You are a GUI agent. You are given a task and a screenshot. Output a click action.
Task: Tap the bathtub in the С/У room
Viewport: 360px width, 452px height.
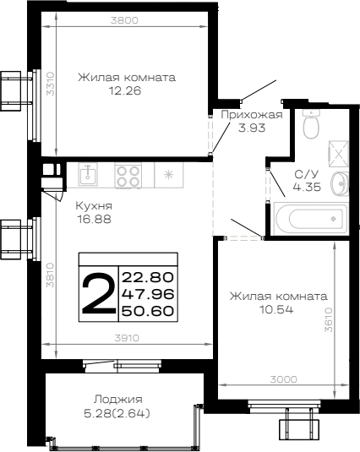311,219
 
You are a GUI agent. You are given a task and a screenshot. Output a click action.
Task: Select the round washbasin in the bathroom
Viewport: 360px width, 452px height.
340,183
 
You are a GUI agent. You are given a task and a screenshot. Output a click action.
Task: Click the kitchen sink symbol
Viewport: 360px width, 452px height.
88,174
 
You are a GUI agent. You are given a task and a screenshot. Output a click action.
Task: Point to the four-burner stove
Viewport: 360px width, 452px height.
128,176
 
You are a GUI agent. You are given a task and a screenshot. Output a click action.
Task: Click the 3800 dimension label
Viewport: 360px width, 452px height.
124,20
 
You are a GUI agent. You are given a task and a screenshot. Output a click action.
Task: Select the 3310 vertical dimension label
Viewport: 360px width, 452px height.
51,84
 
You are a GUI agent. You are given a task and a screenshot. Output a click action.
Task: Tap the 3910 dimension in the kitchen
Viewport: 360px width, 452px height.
127,338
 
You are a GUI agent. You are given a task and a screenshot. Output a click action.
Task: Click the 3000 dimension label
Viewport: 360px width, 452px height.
284,379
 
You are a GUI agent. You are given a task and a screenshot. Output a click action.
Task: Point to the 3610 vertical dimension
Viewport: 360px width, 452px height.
328,320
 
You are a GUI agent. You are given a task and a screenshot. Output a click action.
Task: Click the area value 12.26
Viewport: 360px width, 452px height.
125,91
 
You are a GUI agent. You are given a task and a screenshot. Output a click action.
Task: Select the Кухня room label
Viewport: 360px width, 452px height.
94,206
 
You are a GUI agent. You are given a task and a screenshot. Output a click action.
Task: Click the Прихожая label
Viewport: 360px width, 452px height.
252,115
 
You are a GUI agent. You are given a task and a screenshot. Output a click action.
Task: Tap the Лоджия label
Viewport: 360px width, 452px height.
118,400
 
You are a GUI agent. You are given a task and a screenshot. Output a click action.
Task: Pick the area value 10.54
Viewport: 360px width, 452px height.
276,310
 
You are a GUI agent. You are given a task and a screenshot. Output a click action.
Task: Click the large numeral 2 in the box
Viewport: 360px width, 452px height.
99,293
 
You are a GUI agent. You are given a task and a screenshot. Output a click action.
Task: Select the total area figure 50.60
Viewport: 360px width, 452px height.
148,311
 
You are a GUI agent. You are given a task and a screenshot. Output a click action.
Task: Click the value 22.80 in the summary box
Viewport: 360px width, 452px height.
148,277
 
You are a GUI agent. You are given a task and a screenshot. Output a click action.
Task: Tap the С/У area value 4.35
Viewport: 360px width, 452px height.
307,188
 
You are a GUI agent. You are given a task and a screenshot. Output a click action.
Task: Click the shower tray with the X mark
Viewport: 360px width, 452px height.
338,154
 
